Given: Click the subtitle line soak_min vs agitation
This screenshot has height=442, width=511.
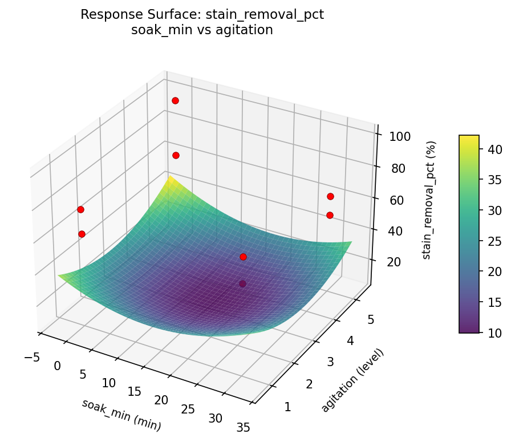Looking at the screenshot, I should [202, 30].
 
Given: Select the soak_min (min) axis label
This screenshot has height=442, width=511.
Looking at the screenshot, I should [121, 415].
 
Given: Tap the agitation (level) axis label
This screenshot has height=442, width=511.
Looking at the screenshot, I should [352, 380].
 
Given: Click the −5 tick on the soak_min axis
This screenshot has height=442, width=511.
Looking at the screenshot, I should [32, 357].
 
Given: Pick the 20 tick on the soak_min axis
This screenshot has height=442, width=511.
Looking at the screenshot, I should [161, 400].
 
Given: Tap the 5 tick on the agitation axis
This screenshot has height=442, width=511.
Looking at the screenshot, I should [370, 320].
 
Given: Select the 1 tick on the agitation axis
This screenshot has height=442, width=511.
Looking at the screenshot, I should [287, 407].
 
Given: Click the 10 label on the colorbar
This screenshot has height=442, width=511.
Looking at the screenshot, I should [494, 332].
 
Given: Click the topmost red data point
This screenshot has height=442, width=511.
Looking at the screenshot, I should [175, 100].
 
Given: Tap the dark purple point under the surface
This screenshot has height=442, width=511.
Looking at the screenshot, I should [242, 283].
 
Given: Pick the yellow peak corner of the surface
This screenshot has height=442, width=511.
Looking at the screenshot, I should [169, 179].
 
